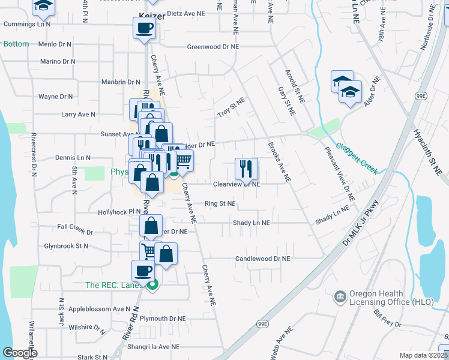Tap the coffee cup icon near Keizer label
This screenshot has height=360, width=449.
tap(144, 28)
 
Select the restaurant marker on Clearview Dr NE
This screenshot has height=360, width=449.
tap(246, 168)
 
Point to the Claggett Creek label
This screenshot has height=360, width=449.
tap(357, 158)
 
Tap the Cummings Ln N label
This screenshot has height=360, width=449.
tap(28, 25)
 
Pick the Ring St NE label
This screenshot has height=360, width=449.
tap(220, 204)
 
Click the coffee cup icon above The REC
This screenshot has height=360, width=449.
tap(143, 270)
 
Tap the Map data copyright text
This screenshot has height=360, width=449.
tap(423, 355)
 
